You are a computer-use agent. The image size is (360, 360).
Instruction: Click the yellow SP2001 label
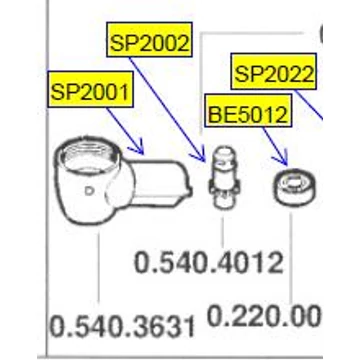(x=90, y=89)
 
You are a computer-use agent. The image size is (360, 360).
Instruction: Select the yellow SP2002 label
(x=149, y=40)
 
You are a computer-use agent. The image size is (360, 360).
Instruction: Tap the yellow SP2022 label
(x=273, y=71)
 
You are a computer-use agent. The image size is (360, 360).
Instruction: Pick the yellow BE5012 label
(x=248, y=111)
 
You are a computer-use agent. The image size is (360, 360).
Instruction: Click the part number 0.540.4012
(x=209, y=263)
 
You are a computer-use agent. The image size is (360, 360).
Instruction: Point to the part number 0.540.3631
(x=122, y=326)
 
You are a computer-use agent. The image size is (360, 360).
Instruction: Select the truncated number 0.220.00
(x=264, y=317)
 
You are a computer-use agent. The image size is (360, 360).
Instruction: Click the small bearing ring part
(x=295, y=187)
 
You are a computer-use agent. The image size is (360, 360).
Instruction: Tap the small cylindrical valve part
(x=224, y=177)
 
